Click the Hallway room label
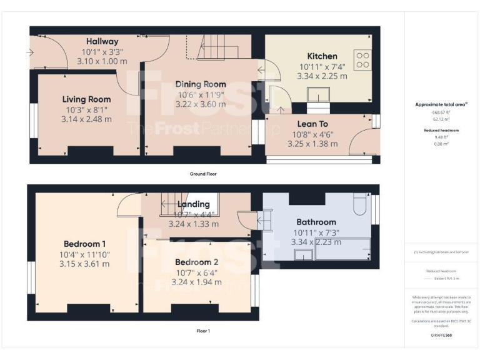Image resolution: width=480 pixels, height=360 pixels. [x=102, y=41]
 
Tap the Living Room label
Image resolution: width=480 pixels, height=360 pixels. [x=86, y=99]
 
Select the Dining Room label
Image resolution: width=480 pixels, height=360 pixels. [x=201, y=84]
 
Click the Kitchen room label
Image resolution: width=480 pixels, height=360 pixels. [x=322, y=56]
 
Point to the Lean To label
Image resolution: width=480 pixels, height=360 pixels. [x=311, y=124]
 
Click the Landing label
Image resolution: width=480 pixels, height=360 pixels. [x=193, y=204]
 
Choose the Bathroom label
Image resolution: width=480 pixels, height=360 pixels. [x=316, y=222]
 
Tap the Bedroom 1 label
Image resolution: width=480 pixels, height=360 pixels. [x=84, y=244]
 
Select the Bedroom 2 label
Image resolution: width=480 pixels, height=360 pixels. [x=197, y=262]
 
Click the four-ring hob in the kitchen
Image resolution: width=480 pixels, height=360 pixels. [x=362, y=60]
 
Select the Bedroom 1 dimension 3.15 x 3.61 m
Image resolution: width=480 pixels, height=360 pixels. [x=84, y=264]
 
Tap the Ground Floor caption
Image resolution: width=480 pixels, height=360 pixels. [x=203, y=173]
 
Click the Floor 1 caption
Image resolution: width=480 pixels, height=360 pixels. [x=203, y=331]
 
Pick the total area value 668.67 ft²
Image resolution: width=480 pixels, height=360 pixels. [x=441, y=112]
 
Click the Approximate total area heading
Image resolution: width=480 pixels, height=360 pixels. [x=441, y=104]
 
